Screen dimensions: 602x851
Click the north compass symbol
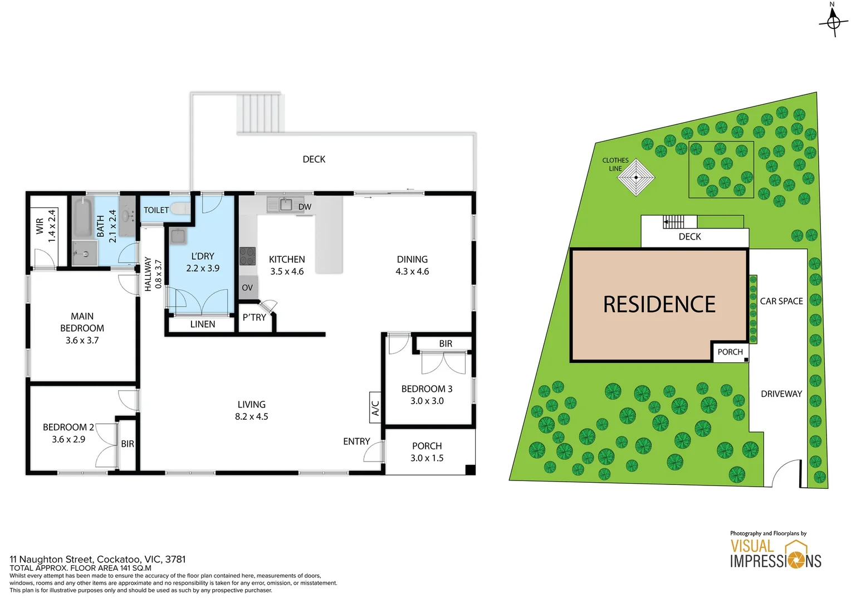(833, 22)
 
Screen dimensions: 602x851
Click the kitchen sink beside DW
(286, 205)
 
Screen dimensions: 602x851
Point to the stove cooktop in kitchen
(247, 256)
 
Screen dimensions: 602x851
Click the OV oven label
(247, 288)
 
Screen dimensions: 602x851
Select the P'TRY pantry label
(255, 318)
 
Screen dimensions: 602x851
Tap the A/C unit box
(375, 408)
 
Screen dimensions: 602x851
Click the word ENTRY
(356, 441)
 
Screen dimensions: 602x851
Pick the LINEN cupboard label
(203, 324)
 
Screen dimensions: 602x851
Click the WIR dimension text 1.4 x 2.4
(52, 226)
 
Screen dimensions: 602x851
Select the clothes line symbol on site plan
(636, 178)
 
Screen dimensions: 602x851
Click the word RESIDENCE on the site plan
(659, 305)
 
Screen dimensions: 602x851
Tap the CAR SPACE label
(781, 301)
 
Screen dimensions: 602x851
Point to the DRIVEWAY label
(781, 394)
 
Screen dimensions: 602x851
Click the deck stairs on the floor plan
(261, 113)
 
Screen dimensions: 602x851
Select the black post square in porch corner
(470, 470)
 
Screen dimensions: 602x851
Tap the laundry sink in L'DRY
(178, 236)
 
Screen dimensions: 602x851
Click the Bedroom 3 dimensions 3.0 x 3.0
(427, 401)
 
